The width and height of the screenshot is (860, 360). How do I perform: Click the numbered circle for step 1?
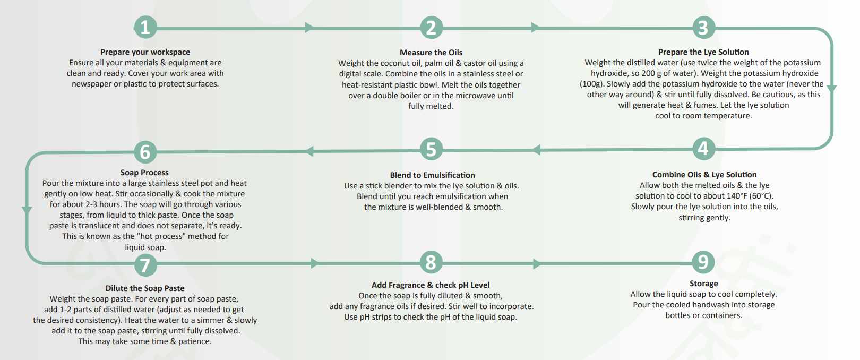145,27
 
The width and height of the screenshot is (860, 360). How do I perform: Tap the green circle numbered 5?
431,149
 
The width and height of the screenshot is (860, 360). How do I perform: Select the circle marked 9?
703,262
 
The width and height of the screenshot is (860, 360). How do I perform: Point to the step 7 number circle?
145,265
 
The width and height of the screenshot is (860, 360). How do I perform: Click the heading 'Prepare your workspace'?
145,52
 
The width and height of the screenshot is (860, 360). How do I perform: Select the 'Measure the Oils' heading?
431,52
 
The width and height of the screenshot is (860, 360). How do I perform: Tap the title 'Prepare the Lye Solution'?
703,52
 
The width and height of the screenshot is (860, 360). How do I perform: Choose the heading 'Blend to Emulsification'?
432,175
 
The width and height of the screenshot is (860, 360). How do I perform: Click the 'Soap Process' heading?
144,173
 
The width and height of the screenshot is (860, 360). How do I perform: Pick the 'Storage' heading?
703,284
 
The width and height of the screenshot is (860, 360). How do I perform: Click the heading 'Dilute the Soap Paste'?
145,288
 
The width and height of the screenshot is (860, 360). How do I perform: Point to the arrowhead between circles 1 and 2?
309,27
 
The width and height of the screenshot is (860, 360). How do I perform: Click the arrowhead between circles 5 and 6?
309,151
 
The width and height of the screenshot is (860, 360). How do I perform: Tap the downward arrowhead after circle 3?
831,88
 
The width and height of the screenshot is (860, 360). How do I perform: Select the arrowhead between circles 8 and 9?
537,263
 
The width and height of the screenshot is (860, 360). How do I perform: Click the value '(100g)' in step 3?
591,84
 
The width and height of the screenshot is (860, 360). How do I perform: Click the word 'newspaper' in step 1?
91,84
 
